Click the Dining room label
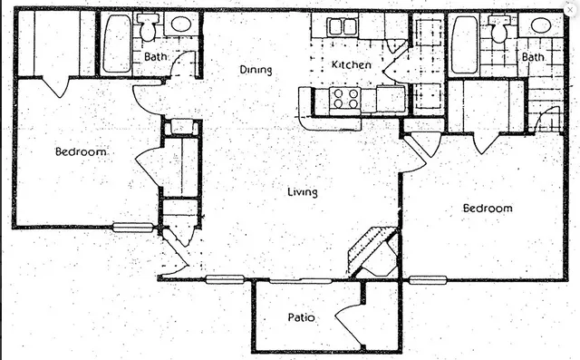[x=256, y=70]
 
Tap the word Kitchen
[x=351, y=64]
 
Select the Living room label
[x=302, y=191]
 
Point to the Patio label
[x=301, y=317]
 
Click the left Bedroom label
[x=80, y=151]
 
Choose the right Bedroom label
[x=488, y=208]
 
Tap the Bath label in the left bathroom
[x=155, y=57]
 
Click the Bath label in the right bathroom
[x=532, y=57]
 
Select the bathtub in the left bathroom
[x=116, y=43]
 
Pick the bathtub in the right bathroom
[x=465, y=43]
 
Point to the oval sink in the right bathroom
[x=540, y=24]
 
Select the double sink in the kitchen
[x=342, y=26]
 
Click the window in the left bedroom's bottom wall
[x=133, y=228]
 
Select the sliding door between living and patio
[x=304, y=280]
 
